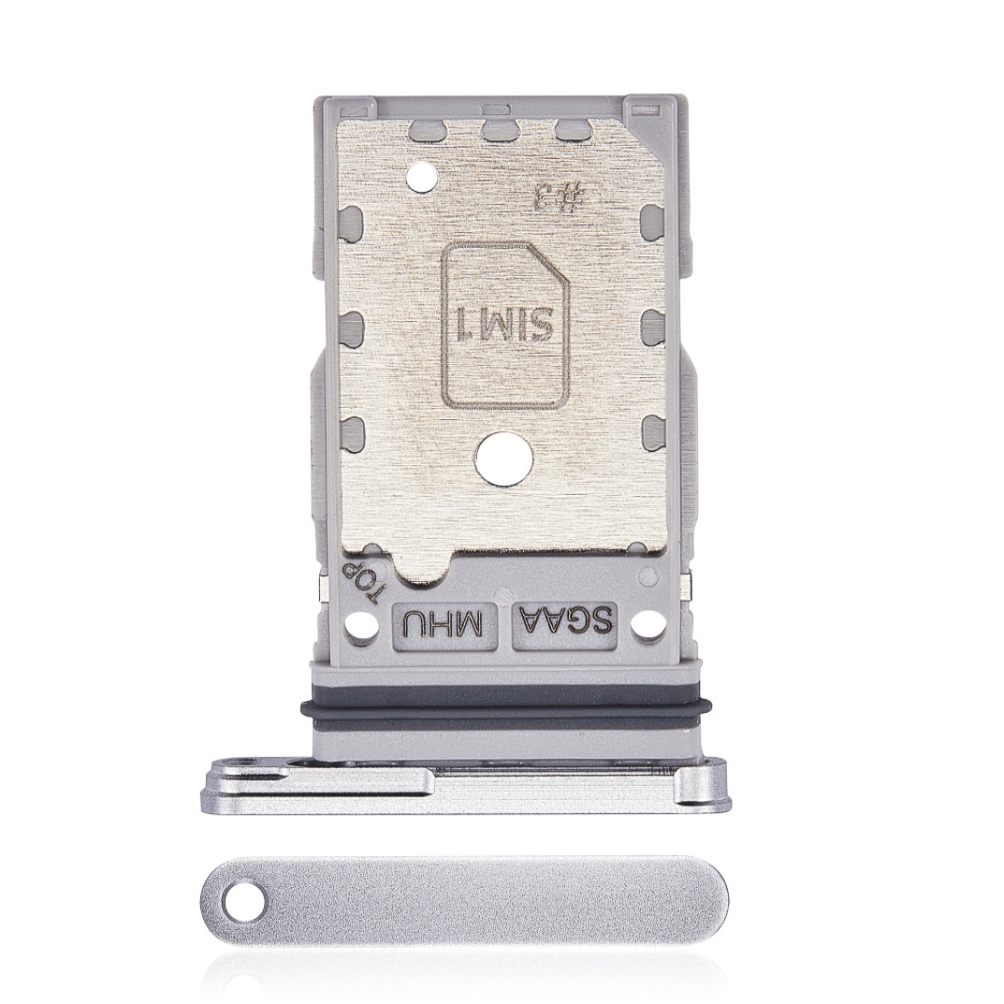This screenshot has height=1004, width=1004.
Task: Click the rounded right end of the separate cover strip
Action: click(716, 900)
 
